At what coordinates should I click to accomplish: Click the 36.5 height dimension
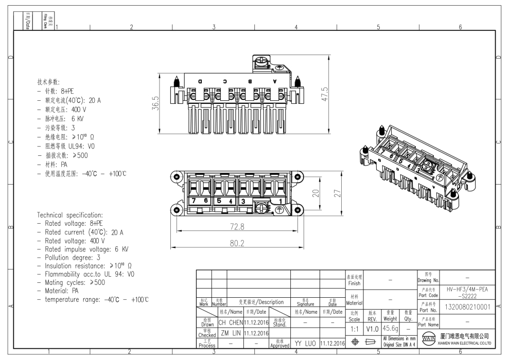pyautogui.click(x=156, y=103)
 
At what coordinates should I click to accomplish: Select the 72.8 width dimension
pyautogui.click(x=237, y=226)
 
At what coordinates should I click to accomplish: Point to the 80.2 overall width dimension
pyautogui.click(x=237, y=242)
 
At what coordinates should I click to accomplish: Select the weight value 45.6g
pyautogui.click(x=389, y=328)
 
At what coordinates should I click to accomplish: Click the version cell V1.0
pyautogui.click(x=372, y=328)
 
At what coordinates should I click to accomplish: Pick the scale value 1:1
pyautogui.click(x=355, y=328)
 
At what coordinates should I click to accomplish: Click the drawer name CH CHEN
pyautogui.click(x=230, y=322)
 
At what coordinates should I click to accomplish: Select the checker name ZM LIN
pyautogui.click(x=230, y=333)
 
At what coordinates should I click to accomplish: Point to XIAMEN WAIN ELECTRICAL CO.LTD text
pyautogui.click(x=465, y=343)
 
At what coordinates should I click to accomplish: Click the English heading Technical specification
pyautogui.click(x=70, y=214)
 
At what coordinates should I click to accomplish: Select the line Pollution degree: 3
pyautogui.click(x=68, y=257)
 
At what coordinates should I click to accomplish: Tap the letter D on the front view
pyautogui.click(x=200, y=82)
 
